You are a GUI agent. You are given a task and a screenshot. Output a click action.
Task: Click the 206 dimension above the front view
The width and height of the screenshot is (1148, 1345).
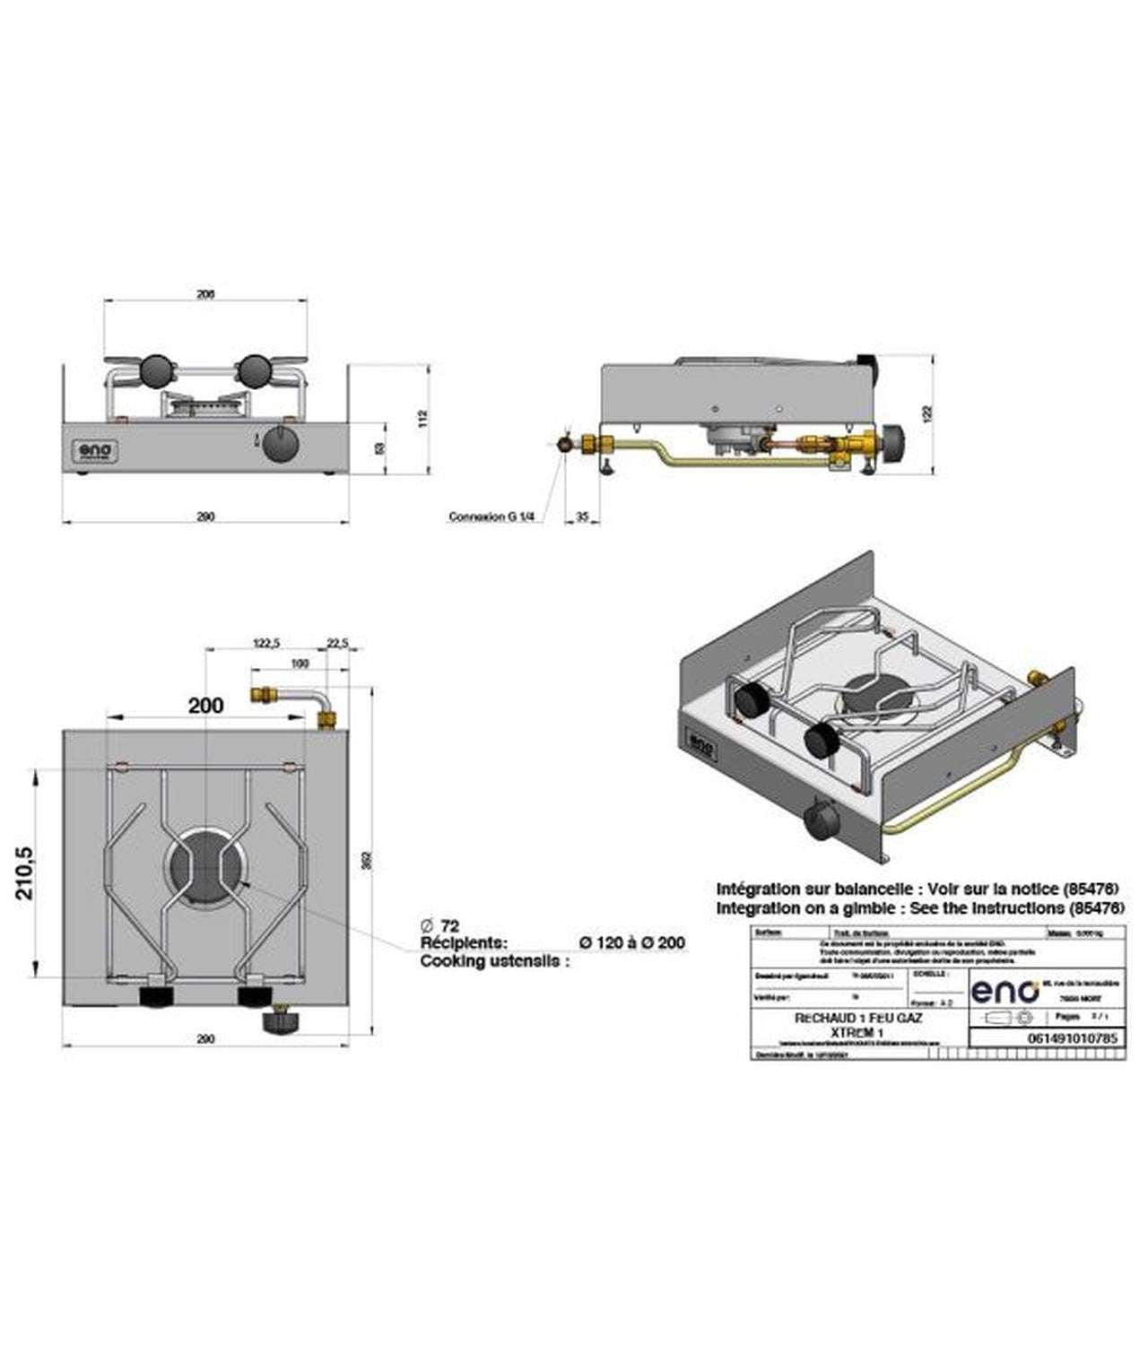click(x=205, y=294)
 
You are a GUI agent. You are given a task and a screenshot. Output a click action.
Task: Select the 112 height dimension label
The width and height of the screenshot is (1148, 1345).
click(x=423, y=419)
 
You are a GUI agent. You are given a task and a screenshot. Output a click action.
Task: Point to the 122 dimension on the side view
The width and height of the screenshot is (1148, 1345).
click(x=928, y=413)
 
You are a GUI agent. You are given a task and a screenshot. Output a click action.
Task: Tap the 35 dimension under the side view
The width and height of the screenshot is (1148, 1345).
click(x=584, y=516)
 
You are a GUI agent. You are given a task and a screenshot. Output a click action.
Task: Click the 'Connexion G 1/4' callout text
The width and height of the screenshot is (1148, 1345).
click(x=491, y=516)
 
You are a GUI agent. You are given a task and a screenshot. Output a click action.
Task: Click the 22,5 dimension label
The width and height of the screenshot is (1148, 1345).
click(x=338, y=642)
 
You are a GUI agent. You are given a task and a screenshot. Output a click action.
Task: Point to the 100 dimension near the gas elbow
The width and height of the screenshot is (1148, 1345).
click(x=300, y=664)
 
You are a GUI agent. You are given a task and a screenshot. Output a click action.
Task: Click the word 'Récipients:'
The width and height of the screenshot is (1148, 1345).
click(x=464, y=942)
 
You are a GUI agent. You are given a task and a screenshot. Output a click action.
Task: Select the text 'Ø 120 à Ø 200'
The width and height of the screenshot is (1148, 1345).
click(x=632, y=942)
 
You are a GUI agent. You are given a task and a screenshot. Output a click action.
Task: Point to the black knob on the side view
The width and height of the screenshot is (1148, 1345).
click(x=894, y=439)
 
